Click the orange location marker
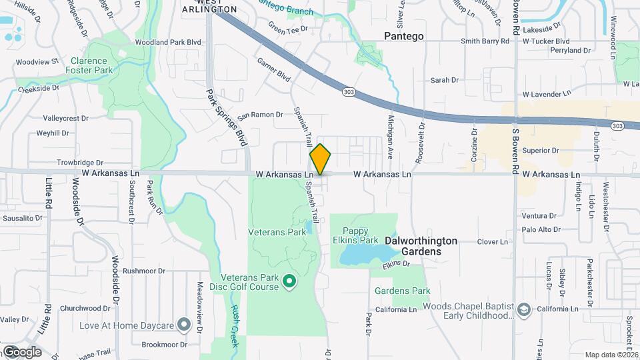320,159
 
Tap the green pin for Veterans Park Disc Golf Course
289,282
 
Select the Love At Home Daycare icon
184,325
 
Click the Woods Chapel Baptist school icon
524,310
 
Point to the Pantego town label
404,36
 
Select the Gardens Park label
402,291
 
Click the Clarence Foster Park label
91,65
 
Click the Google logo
21,351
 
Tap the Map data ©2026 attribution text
611,355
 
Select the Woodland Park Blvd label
167,42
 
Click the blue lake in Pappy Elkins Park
364,254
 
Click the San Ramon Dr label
261,115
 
